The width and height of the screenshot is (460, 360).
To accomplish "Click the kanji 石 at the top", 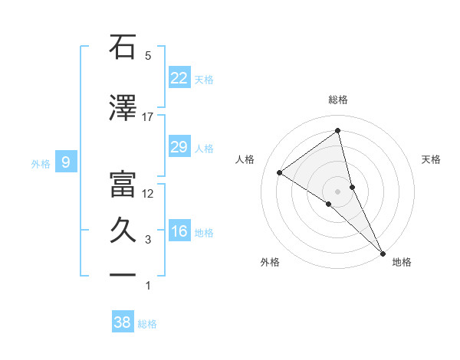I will click(x=123, y=47).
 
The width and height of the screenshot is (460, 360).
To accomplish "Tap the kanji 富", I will click(x=123, y=184).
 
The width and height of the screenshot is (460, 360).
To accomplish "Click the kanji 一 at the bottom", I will click(x=123, y=276).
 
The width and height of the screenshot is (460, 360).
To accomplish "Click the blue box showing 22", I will click(x=179, y=77).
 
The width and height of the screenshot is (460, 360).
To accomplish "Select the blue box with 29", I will click(x=179, y=147).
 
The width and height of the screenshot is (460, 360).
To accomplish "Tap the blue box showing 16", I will click(x=179, y=231).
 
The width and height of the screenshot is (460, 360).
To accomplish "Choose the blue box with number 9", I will click(x=67, y=162).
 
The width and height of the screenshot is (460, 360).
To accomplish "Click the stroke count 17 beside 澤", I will click(x=148, y=117).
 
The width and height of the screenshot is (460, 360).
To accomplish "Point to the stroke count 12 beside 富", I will click(x=148, y=193).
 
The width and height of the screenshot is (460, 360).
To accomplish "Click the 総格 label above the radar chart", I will click(x=338, y=100).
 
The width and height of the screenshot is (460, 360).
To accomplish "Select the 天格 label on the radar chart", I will click(x=431, y=159).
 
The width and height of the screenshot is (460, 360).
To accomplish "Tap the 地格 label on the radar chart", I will click(x=402, y=262).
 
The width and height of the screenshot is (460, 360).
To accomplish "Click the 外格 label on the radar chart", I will click(x=270, y=262).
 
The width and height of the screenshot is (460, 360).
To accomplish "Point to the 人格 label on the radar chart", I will click(x=245, y=159).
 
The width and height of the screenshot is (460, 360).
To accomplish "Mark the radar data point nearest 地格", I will click(x=382, y=252).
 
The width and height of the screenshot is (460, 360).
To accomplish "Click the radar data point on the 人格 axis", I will click(x=280, y=172).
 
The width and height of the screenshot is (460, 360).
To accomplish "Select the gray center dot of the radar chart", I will click(x=337, y=191).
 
